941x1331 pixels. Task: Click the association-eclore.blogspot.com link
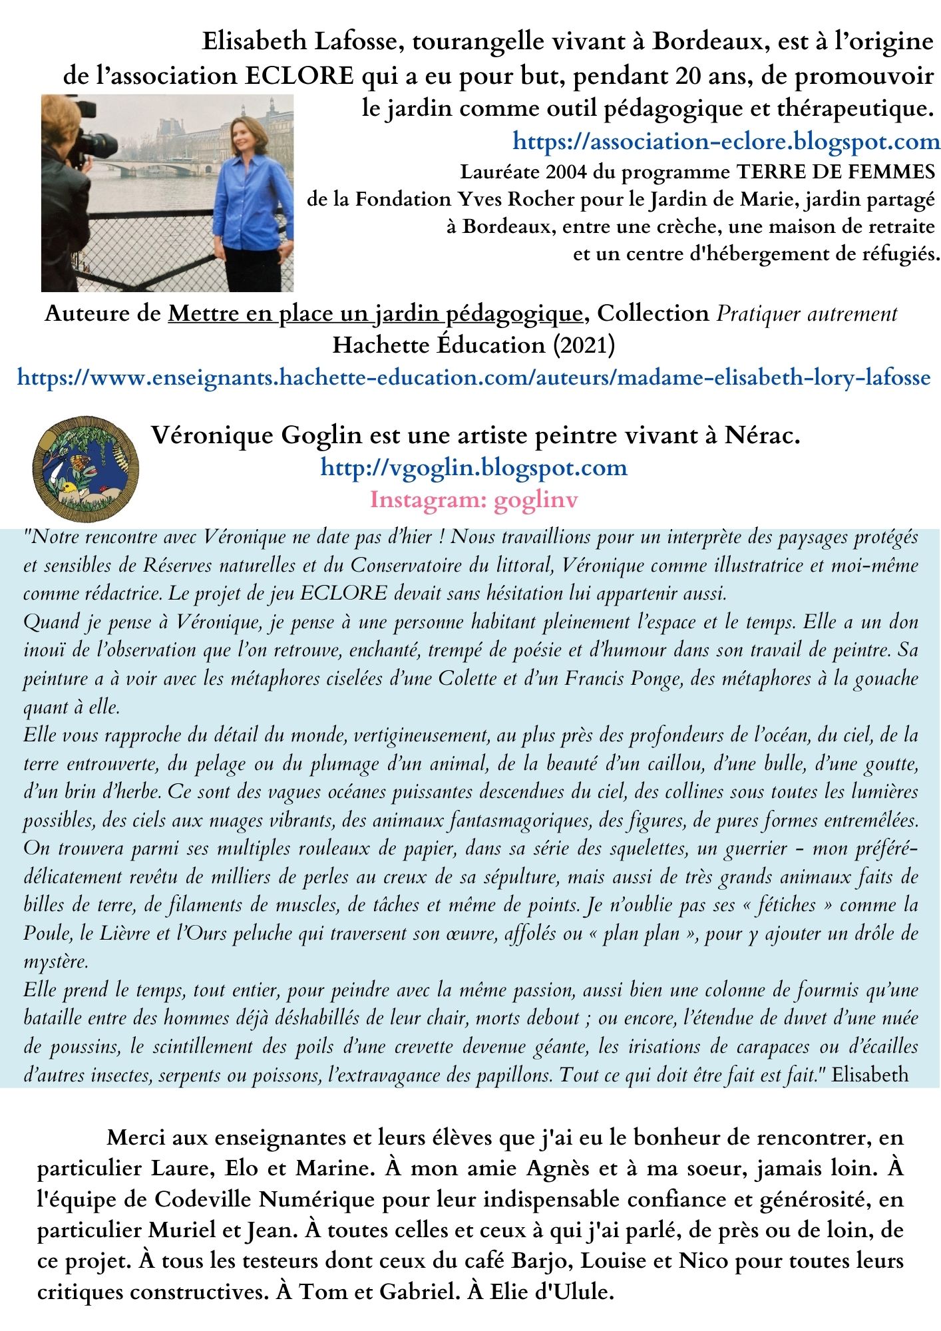[x=725, y=142]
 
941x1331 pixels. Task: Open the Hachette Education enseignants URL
[x=473, y=378]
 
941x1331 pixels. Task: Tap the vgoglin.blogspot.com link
[x=474, y=467]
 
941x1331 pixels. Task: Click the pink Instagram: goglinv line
[x=474, y=499]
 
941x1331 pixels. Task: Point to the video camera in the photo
[x=93, y=136]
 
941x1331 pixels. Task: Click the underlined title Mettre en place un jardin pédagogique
[x=376, y=313]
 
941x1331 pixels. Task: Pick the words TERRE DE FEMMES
[x=835, y=172]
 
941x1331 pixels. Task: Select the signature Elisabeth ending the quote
[x=870, y=1075]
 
